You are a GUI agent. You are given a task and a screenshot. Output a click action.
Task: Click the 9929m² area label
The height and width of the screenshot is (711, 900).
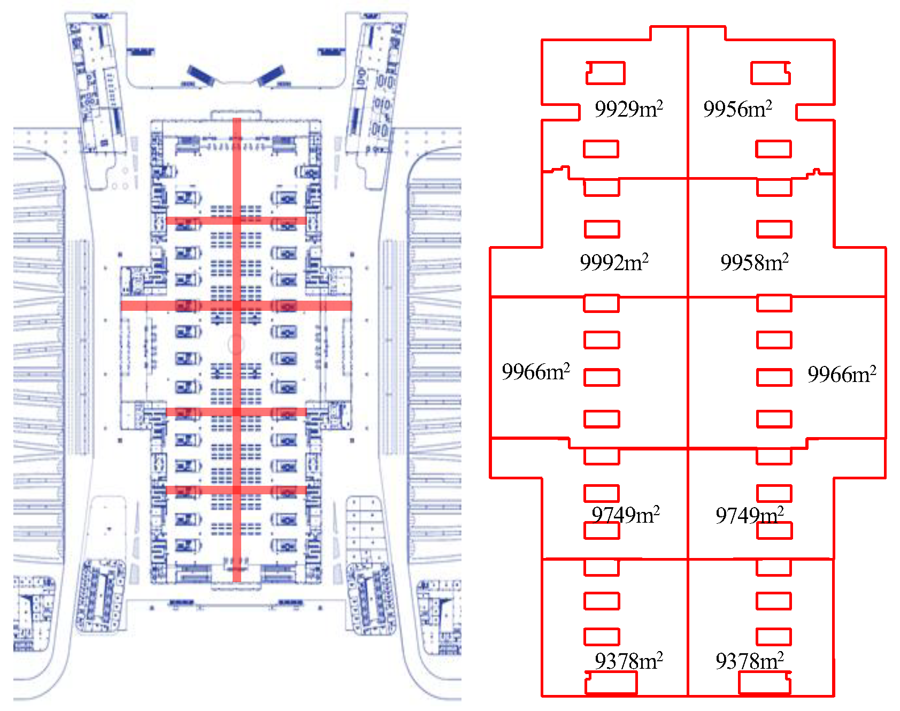tap(628, 109)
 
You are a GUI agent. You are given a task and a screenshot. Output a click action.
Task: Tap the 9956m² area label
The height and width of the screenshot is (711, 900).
tap(737, 109)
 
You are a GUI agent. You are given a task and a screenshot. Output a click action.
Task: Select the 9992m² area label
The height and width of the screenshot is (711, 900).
tap(614, 263)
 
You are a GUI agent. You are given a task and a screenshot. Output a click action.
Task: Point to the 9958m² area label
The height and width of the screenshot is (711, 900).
tap(754, 263)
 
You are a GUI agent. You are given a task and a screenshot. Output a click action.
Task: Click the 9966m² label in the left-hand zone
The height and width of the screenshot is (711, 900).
tap(535, 372)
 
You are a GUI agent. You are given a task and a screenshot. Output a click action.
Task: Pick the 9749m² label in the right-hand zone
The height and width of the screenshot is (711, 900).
tap(749, 516)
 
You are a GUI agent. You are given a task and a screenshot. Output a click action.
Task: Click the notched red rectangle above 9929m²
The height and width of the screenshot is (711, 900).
tap(605, 73)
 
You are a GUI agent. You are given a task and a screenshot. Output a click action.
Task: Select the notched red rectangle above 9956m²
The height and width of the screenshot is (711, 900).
tap(771, 73)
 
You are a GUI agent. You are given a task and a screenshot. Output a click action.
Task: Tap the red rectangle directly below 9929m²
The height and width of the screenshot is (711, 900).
tap(601, 149)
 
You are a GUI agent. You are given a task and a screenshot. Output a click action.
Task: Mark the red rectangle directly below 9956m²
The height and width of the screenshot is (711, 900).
tap(773, 149)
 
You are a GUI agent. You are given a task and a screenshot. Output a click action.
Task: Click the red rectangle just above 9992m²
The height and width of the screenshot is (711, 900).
tap(602, 229)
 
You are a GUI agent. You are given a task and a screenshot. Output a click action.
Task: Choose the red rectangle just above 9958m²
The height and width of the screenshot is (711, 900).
tap(774, 229)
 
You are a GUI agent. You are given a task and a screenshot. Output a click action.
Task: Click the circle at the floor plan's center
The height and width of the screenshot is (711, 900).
tap(236, 344)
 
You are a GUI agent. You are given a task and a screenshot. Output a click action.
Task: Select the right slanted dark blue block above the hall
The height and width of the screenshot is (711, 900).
tap(271, 75)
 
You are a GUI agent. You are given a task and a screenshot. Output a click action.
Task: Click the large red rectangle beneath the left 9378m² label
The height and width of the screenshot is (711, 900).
tap(611, 683)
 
